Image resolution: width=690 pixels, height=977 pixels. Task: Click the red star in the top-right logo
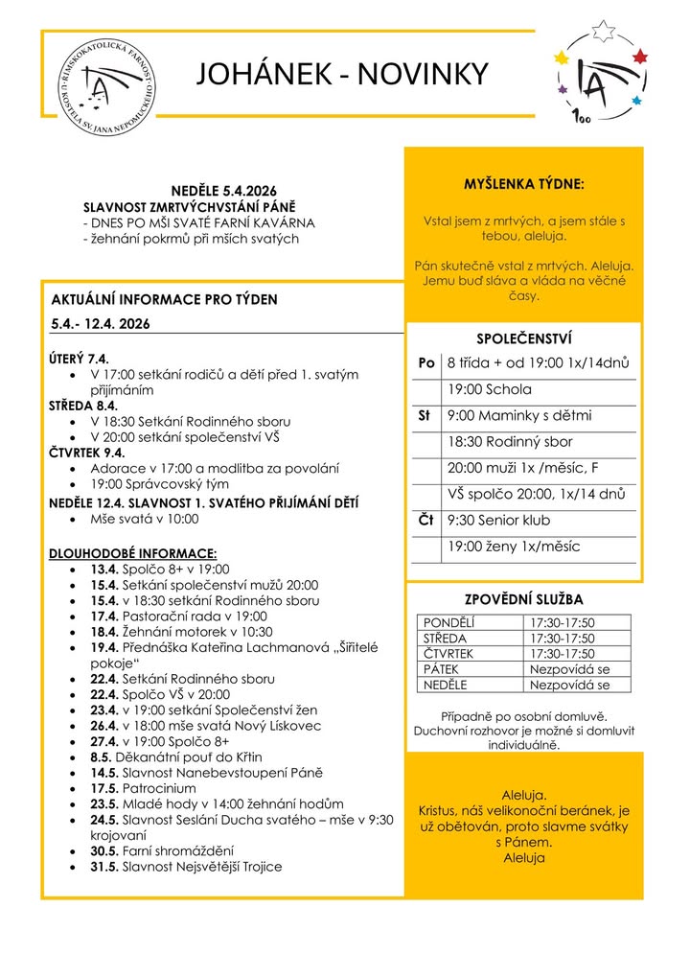point(641,57)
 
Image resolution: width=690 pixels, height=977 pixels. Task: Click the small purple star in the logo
point(563,90)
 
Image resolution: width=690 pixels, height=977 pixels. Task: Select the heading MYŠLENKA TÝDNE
point(523,183)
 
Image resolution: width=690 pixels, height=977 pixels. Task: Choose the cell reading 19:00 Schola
point(489,390)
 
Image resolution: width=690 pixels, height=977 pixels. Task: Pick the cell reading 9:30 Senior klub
point(498,521)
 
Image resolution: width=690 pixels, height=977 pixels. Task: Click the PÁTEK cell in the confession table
point(442,669)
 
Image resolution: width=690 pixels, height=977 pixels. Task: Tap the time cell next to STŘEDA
point(561,639)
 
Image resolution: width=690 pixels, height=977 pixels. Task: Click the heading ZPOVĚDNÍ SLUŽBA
point(523,599)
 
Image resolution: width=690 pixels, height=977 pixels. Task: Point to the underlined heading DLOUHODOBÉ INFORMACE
point(133,553)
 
